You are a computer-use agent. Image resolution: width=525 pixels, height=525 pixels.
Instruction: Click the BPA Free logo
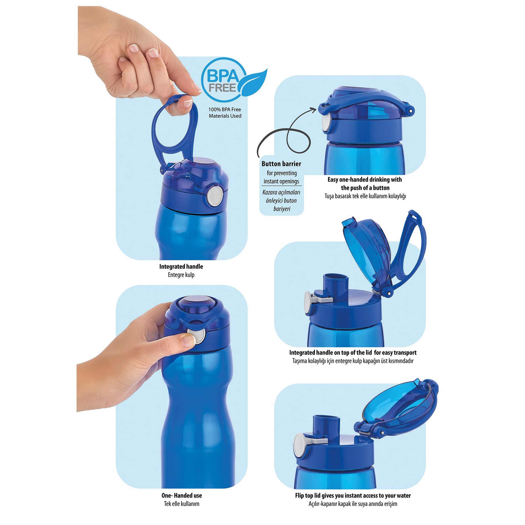(x=233, y=80)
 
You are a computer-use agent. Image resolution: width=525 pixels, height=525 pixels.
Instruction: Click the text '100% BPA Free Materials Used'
(x=225, y=113)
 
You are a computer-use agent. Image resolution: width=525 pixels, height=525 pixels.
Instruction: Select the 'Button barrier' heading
(x=281, y=164)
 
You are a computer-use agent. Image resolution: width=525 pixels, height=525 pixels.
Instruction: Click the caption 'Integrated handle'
(x=181, y=266)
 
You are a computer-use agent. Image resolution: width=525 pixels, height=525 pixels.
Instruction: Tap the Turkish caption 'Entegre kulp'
(x=181, y=275)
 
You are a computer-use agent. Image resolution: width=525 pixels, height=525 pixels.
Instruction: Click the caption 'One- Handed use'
(x=181, y=495)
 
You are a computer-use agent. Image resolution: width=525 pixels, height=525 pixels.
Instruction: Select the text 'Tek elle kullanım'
(x=181, y=504)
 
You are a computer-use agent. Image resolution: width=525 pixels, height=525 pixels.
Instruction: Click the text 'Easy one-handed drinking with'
(x=365, y=179)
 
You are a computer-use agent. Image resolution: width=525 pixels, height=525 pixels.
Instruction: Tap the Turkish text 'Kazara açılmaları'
(x=281, y=192)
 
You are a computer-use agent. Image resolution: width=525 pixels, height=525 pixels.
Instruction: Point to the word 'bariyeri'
(x=282, y=209)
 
